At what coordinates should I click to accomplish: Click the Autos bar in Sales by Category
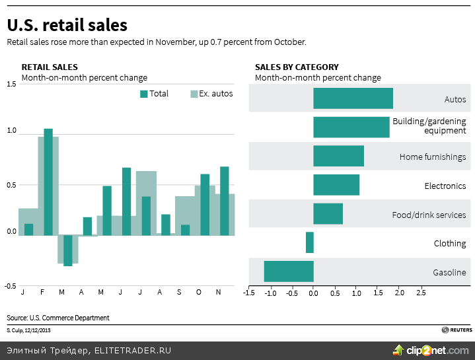click(353, 98)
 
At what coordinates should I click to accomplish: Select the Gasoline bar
click(289, 271)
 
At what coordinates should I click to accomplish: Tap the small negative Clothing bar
click(310, 242)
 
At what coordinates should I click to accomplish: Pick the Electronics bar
click(336, 185)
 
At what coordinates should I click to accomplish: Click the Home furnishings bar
click(338, 156)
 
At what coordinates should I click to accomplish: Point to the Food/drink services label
click(429, 215)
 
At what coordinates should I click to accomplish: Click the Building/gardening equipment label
click(429, 126)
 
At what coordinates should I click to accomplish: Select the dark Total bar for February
click(48, 182)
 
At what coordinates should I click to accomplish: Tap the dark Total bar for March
click(68, 250)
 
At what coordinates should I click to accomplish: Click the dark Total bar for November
click(225, 201)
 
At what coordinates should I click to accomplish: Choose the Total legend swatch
click(143, 94)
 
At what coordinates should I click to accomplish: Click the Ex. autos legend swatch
click(194, 94)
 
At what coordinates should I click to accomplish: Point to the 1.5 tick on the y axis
click(11, 84)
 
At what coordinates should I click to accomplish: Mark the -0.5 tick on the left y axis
click(11, 286)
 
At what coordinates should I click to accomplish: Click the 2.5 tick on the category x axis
click(421, 293)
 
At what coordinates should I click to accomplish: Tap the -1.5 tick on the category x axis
click(248, 293)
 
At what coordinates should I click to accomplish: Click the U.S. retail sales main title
click(67, 25)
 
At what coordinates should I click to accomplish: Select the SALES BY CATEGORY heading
click(297, 67)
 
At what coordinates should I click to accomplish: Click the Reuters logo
click(457, 330)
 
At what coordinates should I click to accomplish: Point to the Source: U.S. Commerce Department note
click(58, 318)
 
